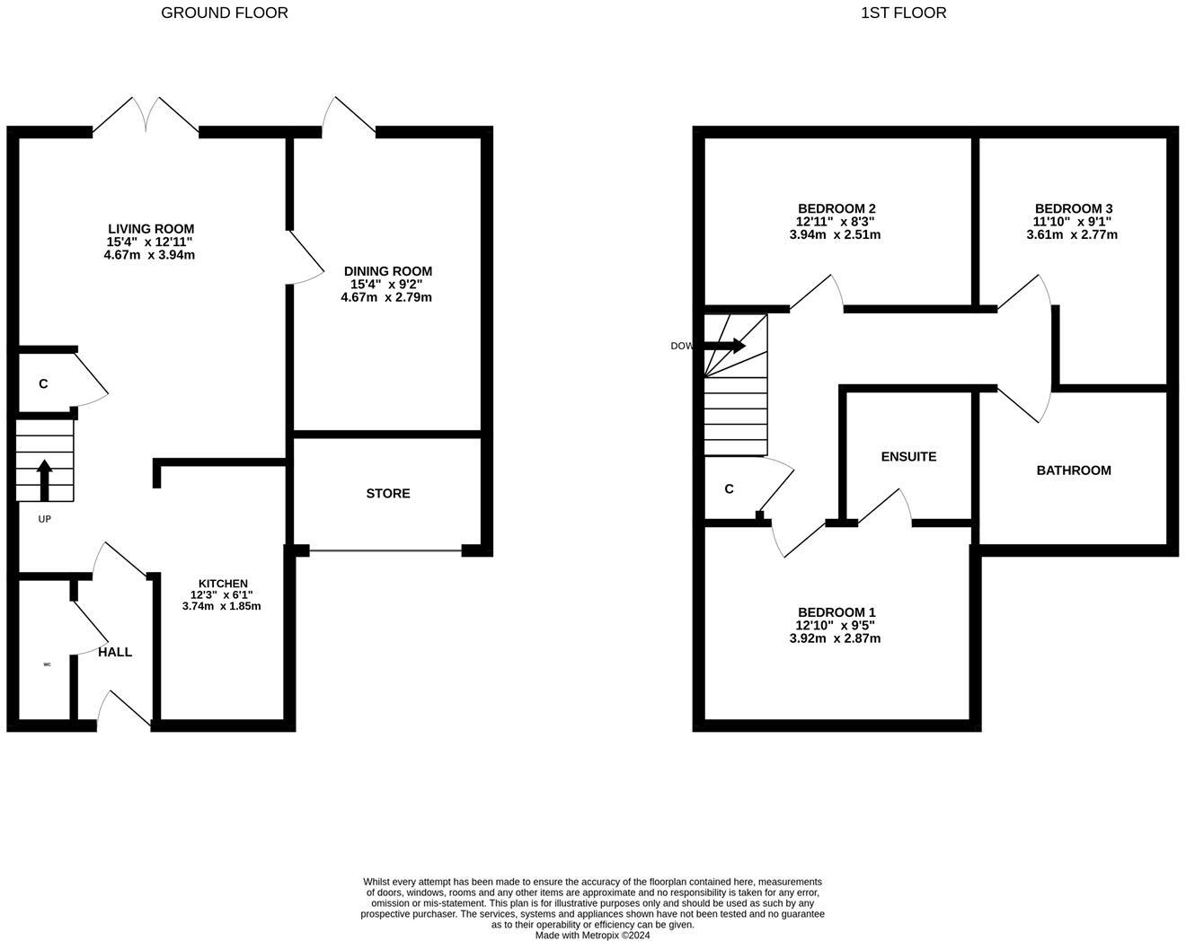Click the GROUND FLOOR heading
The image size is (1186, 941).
point(225,13)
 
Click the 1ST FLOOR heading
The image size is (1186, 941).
point(903,13)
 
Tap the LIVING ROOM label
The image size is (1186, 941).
point(151,229)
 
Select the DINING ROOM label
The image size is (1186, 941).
point(388,271)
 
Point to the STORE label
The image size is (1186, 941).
point(388,493)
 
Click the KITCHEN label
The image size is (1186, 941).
point(223,584)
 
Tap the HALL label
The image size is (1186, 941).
point(115,652)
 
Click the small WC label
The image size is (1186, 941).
point(47,664)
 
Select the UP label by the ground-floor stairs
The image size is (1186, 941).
point(44,519)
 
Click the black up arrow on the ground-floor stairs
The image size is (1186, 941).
point(44,479)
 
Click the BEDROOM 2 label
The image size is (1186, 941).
point(836,208)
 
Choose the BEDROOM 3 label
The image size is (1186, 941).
point(1074,208)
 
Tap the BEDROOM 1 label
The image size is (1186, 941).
point(836,612)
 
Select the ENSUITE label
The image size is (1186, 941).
point(908,456)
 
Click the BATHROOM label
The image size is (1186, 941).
point(1074,470)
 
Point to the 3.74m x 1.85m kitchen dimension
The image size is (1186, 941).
point(221,606)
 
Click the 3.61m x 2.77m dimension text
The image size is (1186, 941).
point(1072,235)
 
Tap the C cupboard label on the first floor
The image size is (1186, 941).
point(729,488)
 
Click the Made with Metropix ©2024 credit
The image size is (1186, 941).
point(592,935)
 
